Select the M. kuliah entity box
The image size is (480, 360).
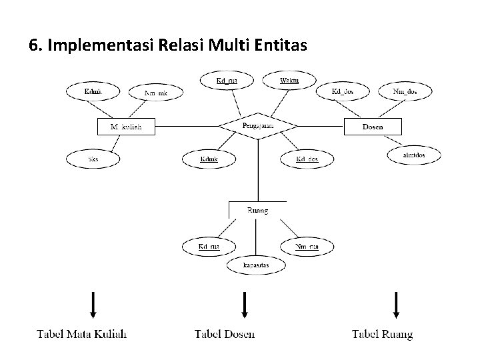click(126, 126)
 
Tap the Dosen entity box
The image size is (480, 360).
click(373, 126)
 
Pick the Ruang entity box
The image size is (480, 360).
click(257, 210)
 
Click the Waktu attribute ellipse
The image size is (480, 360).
click(289, 81)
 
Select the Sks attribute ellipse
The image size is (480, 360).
click(93, 159)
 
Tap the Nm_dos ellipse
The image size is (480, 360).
click(404, 91)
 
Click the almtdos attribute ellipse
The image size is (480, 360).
click(413, 155)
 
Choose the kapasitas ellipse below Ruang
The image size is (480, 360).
click(256, 265)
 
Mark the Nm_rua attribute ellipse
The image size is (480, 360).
click(307, 247)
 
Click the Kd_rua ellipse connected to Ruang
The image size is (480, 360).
click(209, 247)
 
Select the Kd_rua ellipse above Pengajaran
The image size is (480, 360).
click(227, 81)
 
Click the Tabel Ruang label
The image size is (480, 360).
click(382, 333)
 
